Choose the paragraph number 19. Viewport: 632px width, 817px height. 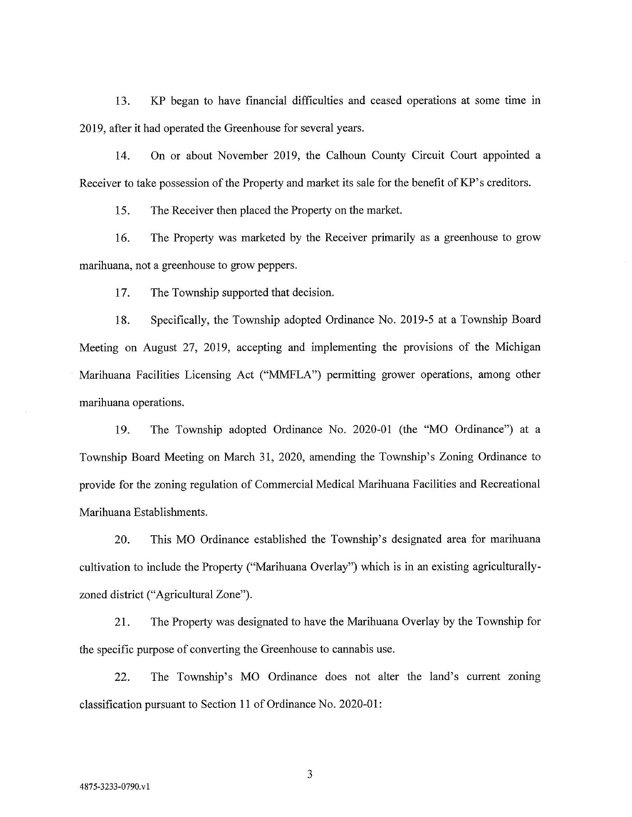coord(122,430)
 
